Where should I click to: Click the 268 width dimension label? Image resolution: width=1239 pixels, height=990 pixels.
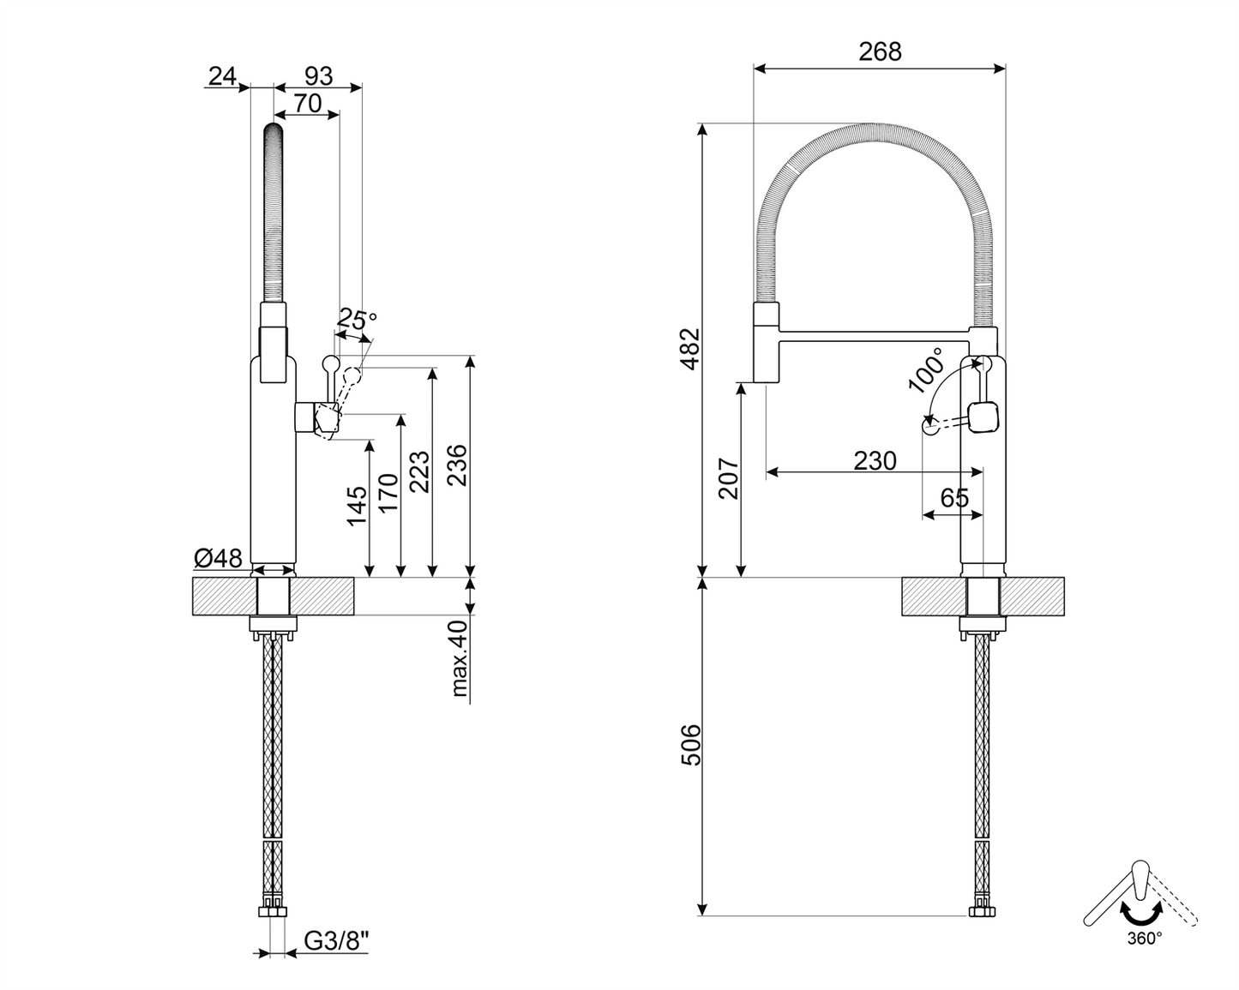tap(880, 51)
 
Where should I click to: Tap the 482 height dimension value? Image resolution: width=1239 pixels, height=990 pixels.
tap(690, 346)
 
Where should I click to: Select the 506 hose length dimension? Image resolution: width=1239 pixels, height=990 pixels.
tap(690, 745)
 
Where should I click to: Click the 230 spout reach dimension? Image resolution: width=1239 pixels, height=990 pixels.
tap(875, 461)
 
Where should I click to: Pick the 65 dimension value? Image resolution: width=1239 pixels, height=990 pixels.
tap(954, 498)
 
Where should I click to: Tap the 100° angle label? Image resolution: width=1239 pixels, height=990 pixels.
tap(927, 369)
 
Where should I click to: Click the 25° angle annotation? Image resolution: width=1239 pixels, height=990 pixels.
tap(356, 321)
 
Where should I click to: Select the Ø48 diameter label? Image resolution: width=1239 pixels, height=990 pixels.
tap(218, 559)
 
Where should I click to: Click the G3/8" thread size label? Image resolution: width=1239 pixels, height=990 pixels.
tap(337, 941)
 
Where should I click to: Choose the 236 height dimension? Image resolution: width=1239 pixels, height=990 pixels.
tap(458, 465)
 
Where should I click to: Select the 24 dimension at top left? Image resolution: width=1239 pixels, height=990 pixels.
tap(221, 75)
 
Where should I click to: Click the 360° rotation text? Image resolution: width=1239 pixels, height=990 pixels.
tap(1145, 938)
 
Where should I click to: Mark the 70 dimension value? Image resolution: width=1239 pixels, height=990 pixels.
tap(306, 103)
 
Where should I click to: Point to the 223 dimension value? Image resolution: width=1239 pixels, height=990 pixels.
tap(419, 472)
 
